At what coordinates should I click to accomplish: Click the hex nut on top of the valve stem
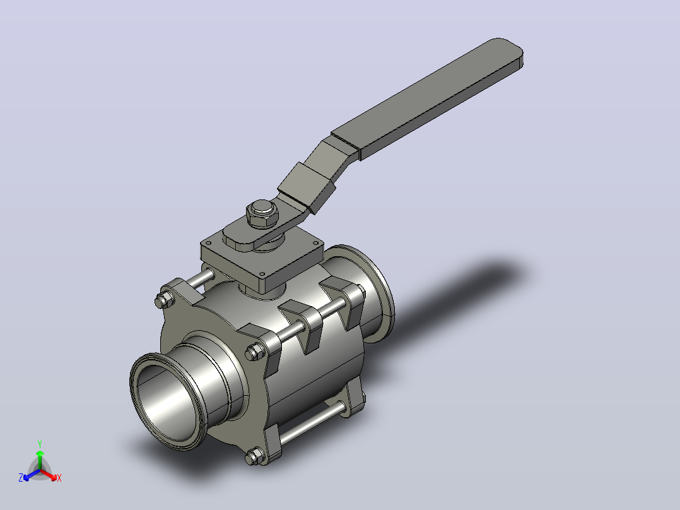(262, 214)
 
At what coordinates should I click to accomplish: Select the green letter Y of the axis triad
(40, 444)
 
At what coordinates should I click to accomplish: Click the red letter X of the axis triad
(59, 478)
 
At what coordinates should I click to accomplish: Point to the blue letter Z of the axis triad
(20, 477)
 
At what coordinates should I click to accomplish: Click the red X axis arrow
(49, 475)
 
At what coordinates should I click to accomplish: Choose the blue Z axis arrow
(32, 475)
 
